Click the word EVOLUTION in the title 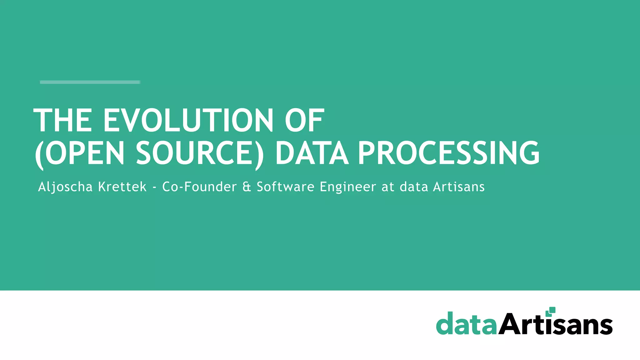188,120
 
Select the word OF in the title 304,120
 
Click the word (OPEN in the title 80,153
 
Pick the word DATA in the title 312,153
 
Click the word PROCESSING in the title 449,153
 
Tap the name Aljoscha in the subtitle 65,187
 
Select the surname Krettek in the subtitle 122,187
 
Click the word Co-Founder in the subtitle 199,187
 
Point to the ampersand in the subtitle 247,187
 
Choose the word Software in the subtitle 285,187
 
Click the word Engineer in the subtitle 348,187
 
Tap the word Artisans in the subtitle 459,187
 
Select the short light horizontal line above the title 90,82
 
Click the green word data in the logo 466,324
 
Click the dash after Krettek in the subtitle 154,187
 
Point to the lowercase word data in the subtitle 414,187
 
